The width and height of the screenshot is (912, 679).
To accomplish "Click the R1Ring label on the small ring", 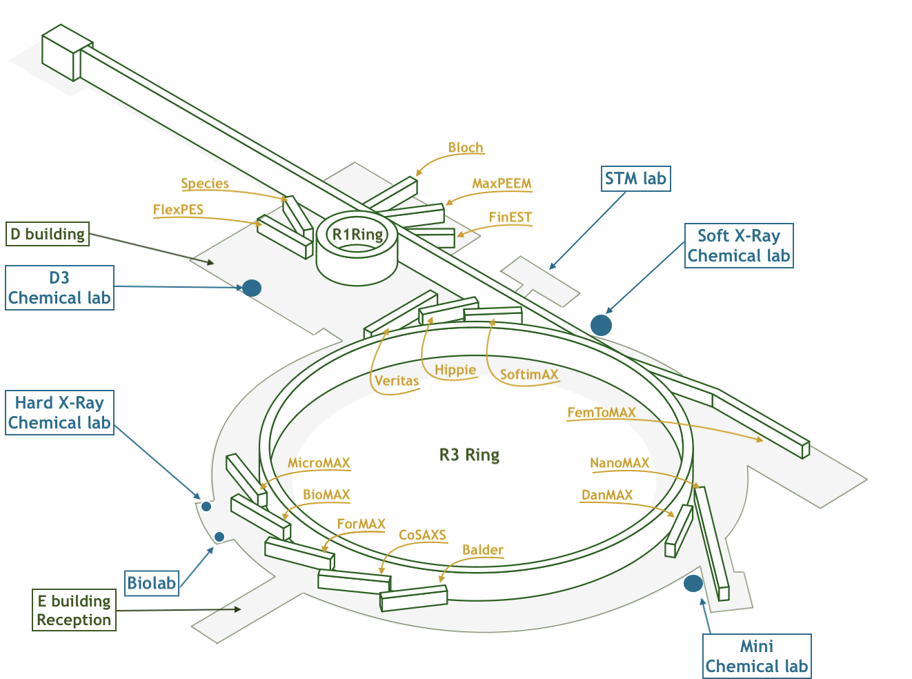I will tap(357, 235).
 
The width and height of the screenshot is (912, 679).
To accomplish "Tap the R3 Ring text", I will tap(469, 455).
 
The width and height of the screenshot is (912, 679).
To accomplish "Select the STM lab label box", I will tap(635, 179).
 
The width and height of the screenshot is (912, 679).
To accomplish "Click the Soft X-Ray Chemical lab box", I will tap(739, 246).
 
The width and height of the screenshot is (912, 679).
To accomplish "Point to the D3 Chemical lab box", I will tap(59, 288).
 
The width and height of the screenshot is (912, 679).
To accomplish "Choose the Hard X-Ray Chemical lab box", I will tap(59, 413).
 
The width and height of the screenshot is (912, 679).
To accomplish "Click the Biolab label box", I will tap(152, 583).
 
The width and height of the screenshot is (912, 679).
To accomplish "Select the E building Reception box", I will tap(74, 611).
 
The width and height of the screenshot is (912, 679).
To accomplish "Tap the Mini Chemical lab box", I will tap(757, 656).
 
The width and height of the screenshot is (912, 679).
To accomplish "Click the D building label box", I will tap(48, 234).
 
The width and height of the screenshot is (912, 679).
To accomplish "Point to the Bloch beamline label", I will tap(466, 148).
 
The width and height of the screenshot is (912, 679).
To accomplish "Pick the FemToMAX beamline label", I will tap(602, 413).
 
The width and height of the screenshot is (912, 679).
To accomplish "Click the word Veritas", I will tap(397, 380).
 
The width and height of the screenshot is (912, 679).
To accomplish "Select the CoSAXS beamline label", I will tap(422, 535).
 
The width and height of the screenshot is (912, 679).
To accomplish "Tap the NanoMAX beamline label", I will tap(619, 463).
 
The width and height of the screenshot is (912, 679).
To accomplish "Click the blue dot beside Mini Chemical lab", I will tap(693, 584).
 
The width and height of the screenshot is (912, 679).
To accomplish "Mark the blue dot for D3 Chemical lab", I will tap(252, 288).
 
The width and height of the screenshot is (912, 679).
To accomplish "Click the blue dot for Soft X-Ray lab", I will tap(601, 325).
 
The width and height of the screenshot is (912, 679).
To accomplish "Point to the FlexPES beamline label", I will tap(178, 210).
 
